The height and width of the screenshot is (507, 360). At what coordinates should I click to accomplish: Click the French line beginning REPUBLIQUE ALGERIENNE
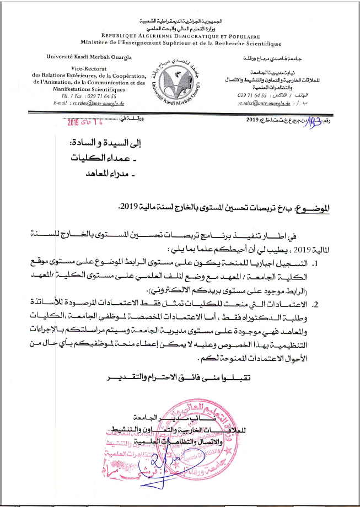[x=180, y=34]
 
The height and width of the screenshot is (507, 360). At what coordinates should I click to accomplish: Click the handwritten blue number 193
[x=314, y=120]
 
